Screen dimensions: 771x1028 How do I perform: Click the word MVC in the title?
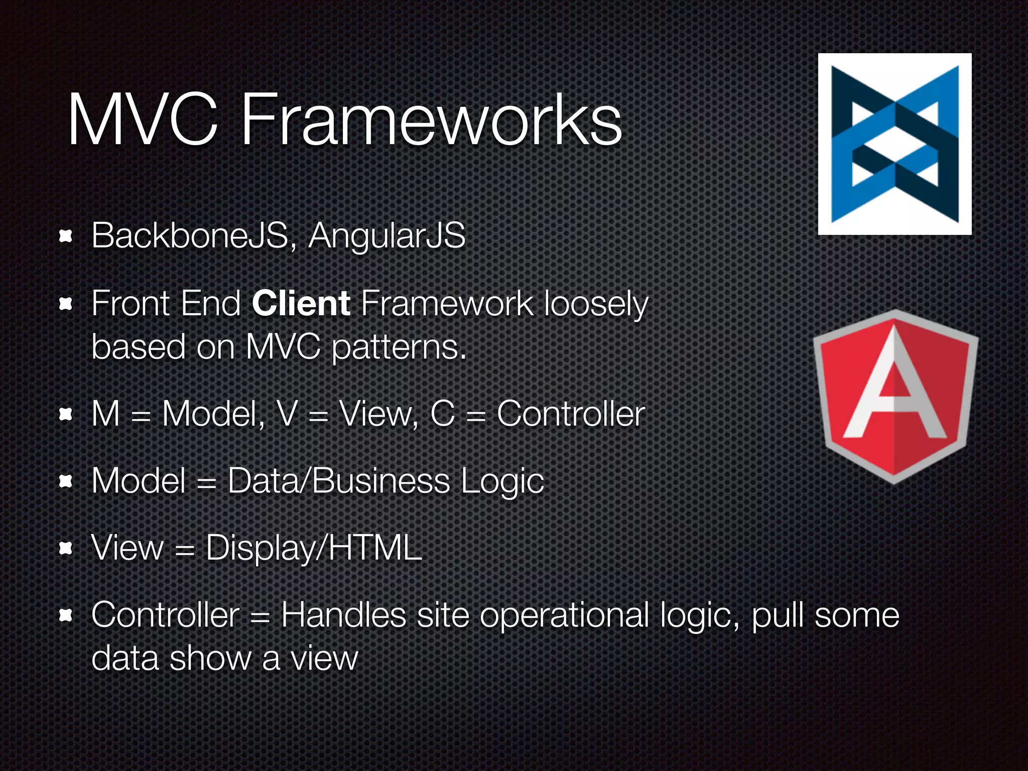[x=143, y=120]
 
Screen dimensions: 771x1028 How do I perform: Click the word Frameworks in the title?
[x=432, y=120]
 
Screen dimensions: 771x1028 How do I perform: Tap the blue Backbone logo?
[x=894, y=144]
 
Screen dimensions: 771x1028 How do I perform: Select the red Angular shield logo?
[x=895, y=397]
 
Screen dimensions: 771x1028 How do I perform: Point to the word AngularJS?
[x=387, y=235]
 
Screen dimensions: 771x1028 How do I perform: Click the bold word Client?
[x=301, y=304]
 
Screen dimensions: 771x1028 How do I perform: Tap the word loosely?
[x=596, y=305]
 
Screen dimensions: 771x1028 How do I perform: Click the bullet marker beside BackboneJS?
[x=66, y=236]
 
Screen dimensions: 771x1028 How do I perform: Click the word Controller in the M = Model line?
[x=571, y=414]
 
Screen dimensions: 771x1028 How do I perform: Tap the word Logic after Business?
[x=502, y=482]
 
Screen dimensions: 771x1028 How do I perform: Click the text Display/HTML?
[x=314, y=548]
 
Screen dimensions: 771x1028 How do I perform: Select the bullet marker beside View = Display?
[x=66, y=548]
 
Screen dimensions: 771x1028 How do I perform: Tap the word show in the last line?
[x=210, y=658]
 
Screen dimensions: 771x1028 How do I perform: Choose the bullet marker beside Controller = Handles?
[x=66, y=615]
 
